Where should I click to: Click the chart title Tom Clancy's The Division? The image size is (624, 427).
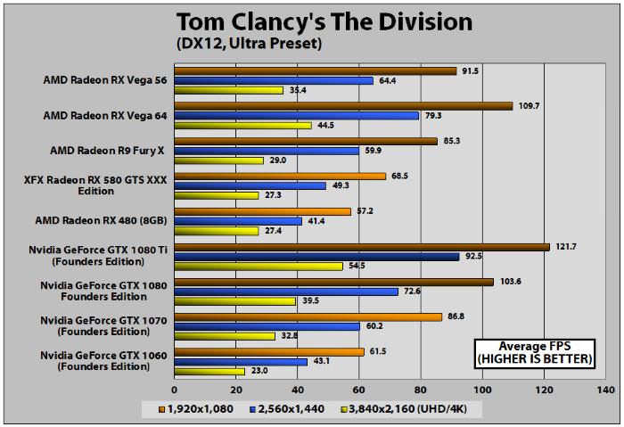click(324, 21)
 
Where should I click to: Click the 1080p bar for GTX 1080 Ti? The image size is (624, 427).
click(362, 247)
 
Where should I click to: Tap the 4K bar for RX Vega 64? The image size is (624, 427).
click(243, 126)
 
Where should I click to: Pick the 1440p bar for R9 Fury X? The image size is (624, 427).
click(267, 150)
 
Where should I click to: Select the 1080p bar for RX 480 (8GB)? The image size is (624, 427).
click(263, 211)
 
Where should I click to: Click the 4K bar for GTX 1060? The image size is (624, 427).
click(209, 371)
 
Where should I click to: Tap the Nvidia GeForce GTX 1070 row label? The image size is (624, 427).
click(103, 324)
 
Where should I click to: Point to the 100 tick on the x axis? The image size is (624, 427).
click(482, 390)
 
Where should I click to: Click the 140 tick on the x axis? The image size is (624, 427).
click(605, 390)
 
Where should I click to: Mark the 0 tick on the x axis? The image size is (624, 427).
click(175, 390)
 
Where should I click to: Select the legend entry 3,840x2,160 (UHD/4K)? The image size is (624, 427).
click(409, 408)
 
